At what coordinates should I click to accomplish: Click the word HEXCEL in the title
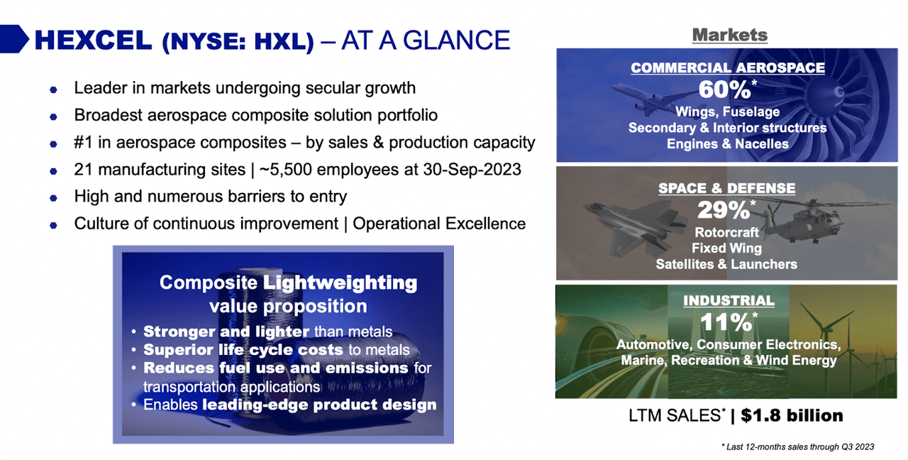click(93, 40)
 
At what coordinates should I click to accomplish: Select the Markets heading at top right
click(729, 34)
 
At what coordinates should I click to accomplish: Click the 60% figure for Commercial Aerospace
click(724, 90)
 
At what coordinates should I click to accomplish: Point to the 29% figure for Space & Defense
click(724, 211)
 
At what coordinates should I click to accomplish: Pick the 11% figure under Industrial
click(725, 322)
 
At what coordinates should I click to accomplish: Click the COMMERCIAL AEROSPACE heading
click(727, 68)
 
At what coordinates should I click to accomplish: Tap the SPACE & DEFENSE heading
click(726, 189)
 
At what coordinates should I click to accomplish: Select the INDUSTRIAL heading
click(728, 300)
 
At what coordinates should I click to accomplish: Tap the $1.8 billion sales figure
click(792, 415)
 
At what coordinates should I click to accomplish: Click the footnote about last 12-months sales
click(797, 447)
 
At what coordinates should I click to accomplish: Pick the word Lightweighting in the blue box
click(340, 283)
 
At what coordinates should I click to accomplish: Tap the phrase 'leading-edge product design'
click(319, 405)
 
